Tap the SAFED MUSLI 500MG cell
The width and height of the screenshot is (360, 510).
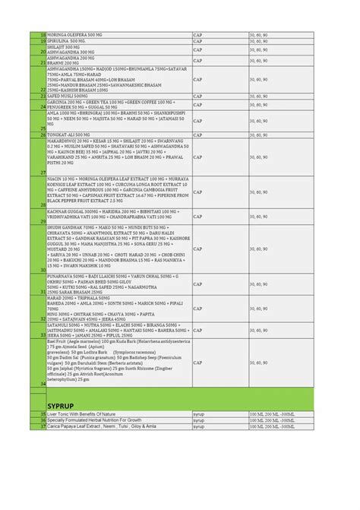69,97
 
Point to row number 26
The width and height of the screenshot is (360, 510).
43,135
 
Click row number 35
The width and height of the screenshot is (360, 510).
43,413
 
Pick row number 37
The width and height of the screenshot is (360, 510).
43,426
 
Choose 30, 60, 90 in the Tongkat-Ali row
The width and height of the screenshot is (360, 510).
260,135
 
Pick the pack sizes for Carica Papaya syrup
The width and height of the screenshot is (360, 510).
272,426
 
